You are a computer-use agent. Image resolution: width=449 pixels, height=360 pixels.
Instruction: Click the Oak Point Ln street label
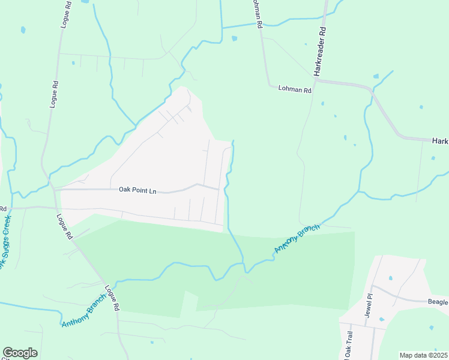(x=137, y=191)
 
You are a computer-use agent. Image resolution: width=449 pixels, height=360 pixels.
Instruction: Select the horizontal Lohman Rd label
(x=295, y=90)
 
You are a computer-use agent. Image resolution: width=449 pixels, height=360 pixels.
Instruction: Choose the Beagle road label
(x=438, y=302)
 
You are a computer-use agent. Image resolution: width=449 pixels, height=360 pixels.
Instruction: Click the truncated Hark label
(x=440, y=140)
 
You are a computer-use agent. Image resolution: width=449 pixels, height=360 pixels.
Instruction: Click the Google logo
(x=20, y=353)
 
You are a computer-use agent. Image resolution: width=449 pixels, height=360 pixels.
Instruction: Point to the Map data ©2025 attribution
(x=423, y=355)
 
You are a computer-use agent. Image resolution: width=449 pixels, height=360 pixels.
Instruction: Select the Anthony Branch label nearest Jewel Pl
(x=297, y=238)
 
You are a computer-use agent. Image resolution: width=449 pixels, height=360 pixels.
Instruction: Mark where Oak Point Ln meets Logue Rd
(x=53, y=190)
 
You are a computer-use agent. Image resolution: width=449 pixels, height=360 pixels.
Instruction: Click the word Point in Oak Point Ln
(x=140, y=191)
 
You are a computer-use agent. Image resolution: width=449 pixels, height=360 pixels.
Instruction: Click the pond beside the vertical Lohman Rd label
(x=234, y=38)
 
